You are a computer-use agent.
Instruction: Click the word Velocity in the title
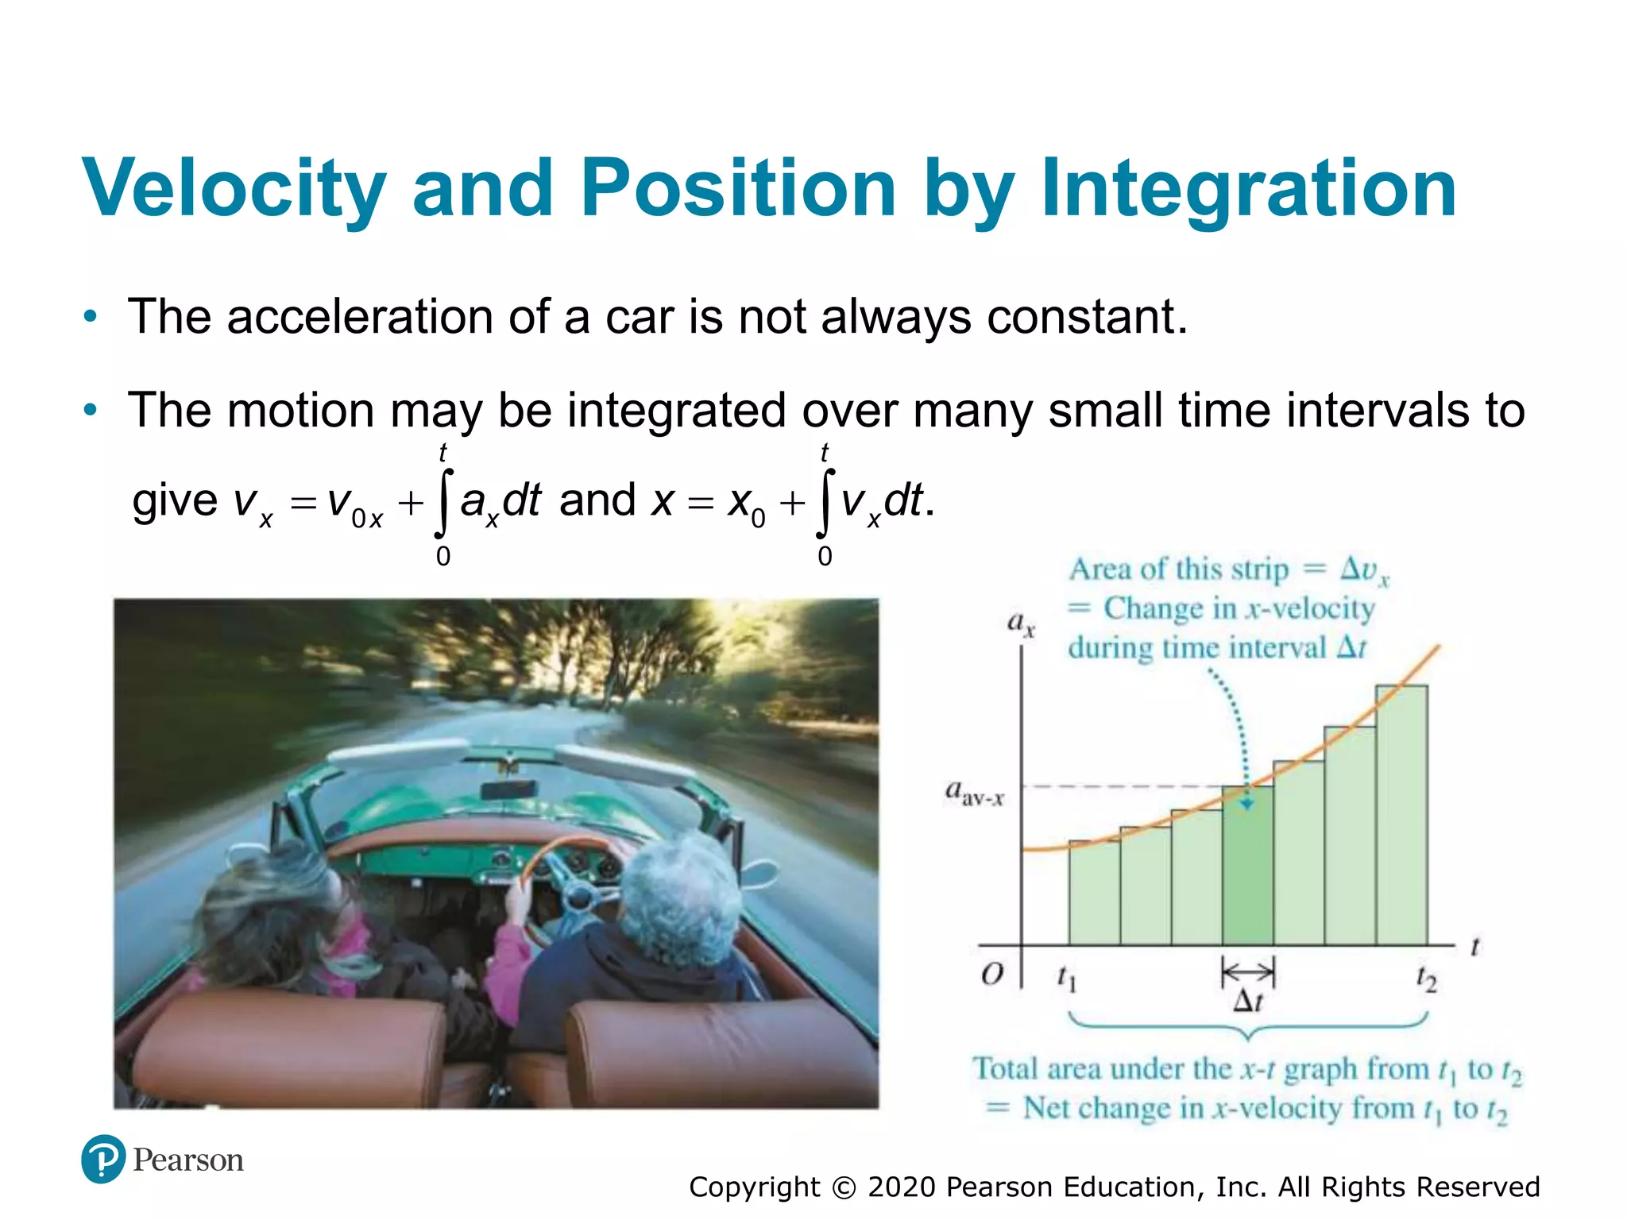[x=234, y=189]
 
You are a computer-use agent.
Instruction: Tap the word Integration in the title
[x=1248, y=189]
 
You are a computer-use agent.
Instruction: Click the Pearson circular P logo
[x=103, y=1159]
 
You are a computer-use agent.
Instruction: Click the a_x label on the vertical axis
[x=1020, y=624]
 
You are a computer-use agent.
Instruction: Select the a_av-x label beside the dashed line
[x=974, y=793]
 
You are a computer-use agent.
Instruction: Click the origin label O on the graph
[x=992, y=974]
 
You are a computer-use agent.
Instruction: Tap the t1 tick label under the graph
[x=1066, y=979]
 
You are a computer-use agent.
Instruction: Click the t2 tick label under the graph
[x=1426, y=979]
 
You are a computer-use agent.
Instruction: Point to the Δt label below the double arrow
[x=1247, y=1002]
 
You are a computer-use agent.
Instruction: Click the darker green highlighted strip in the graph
[x=1247, y=874]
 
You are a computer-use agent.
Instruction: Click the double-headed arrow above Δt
[x=1247, y=971]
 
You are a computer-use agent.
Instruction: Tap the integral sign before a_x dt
[x=443, y=503]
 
